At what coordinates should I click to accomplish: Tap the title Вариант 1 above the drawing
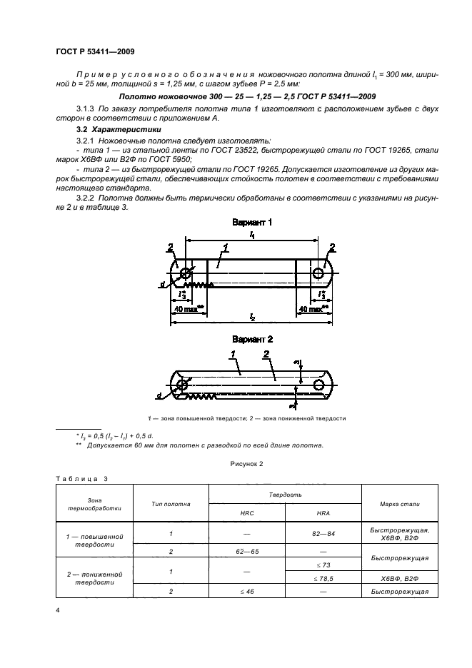tap(252, 223)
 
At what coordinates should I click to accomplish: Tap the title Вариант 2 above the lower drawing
tap(252, 340)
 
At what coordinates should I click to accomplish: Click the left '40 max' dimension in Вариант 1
tap(188, 309)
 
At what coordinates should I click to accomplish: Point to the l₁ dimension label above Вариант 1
tap(252, 234)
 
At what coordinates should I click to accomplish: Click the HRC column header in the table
tap(246, 513)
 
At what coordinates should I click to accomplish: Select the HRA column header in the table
tap(323, 513)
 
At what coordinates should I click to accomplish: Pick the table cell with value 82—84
tap(323, 534)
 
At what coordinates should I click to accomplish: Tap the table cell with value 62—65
tap(246, 552)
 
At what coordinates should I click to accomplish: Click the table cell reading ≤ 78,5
tap(323, 579)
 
